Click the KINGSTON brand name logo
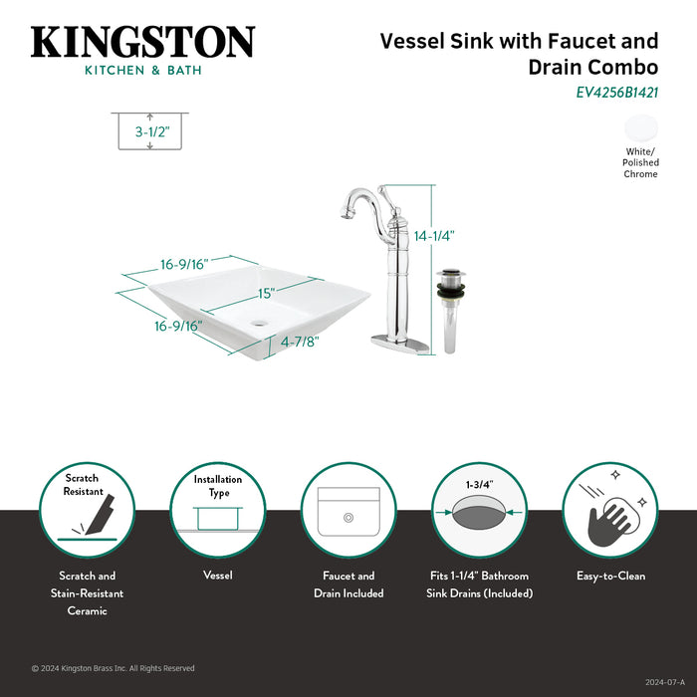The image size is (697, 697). click(142, 43)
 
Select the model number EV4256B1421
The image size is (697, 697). click(617, 93)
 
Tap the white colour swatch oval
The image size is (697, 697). click(640, 128)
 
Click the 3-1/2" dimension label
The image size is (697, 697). click(150, 130)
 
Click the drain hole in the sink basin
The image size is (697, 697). click(261, 323)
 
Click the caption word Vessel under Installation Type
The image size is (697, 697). click(217, 576)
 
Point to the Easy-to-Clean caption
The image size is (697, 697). click(610, 576)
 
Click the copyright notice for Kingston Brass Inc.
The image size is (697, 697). click(114, 668)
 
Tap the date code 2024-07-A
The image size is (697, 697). click(664, 682)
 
